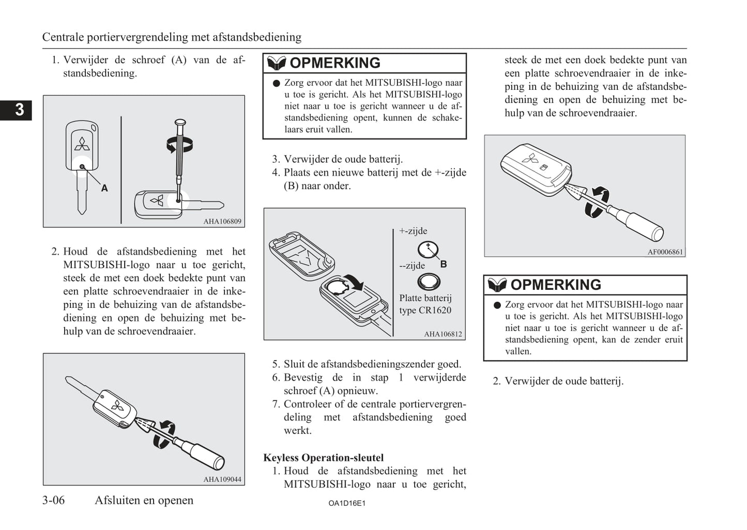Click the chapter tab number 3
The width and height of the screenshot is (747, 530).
click(19, 110)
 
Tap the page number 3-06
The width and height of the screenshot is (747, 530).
click(54, 500)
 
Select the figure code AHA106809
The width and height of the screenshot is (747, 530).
click(222, 221)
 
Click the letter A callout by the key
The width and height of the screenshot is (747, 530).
click(104, 188)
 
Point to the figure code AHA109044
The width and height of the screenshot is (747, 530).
click(222, 479)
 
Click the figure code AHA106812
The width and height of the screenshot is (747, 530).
click(443, 334)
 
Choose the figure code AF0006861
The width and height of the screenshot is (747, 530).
click(665, 252)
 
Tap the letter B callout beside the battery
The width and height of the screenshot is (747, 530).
click(444, 264)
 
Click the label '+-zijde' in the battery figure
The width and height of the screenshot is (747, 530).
click(413, 231)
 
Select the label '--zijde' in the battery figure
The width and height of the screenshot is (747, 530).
click(412, 266)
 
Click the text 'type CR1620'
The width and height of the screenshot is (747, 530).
click(425, 310)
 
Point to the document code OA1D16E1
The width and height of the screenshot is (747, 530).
click(347, 503)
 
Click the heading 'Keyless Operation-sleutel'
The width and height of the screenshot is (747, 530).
click(324, 458)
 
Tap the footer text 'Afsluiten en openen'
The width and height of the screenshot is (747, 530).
click(144, 500)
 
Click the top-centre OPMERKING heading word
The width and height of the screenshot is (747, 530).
click(335, 63)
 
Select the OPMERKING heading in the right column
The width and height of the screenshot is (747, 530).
click(556, 285)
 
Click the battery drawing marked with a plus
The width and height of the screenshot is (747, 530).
click(428, 250)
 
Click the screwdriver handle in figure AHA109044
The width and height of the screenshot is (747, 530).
click(205, 455)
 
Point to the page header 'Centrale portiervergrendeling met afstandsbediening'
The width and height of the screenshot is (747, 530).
click(172, 37)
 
